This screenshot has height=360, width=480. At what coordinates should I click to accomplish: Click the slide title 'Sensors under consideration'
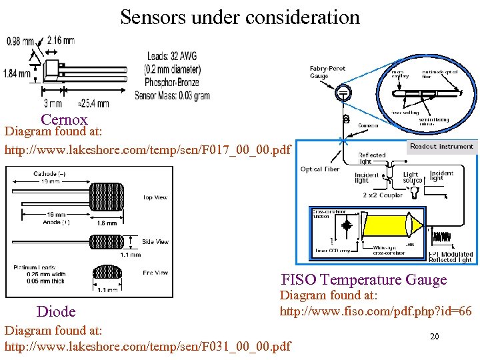tap(240, 17)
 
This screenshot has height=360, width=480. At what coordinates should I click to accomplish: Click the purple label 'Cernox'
tap(64, 120)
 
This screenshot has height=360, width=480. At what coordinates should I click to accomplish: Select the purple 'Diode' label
tap(56, 311)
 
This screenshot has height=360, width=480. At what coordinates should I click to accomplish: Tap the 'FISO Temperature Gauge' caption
tap(363, 279)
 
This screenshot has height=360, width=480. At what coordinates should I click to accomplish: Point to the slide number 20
tap(434, 337)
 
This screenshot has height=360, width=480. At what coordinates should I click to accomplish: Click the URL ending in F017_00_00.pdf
tap(147, 149)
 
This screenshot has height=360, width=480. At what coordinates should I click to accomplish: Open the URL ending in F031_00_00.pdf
tap(147, 346)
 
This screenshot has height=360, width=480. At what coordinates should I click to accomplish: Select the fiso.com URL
tap(375, 311)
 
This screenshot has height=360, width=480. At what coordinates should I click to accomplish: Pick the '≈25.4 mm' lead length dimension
tap(93, 103)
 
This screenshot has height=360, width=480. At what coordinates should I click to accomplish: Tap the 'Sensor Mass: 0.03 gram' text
tap(172, 95)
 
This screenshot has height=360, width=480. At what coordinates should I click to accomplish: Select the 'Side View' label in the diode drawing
tap(155, 242)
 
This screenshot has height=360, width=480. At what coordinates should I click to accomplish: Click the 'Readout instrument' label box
tap(441, 146)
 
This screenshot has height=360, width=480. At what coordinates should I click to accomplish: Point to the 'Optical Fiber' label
tap(320, 169)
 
